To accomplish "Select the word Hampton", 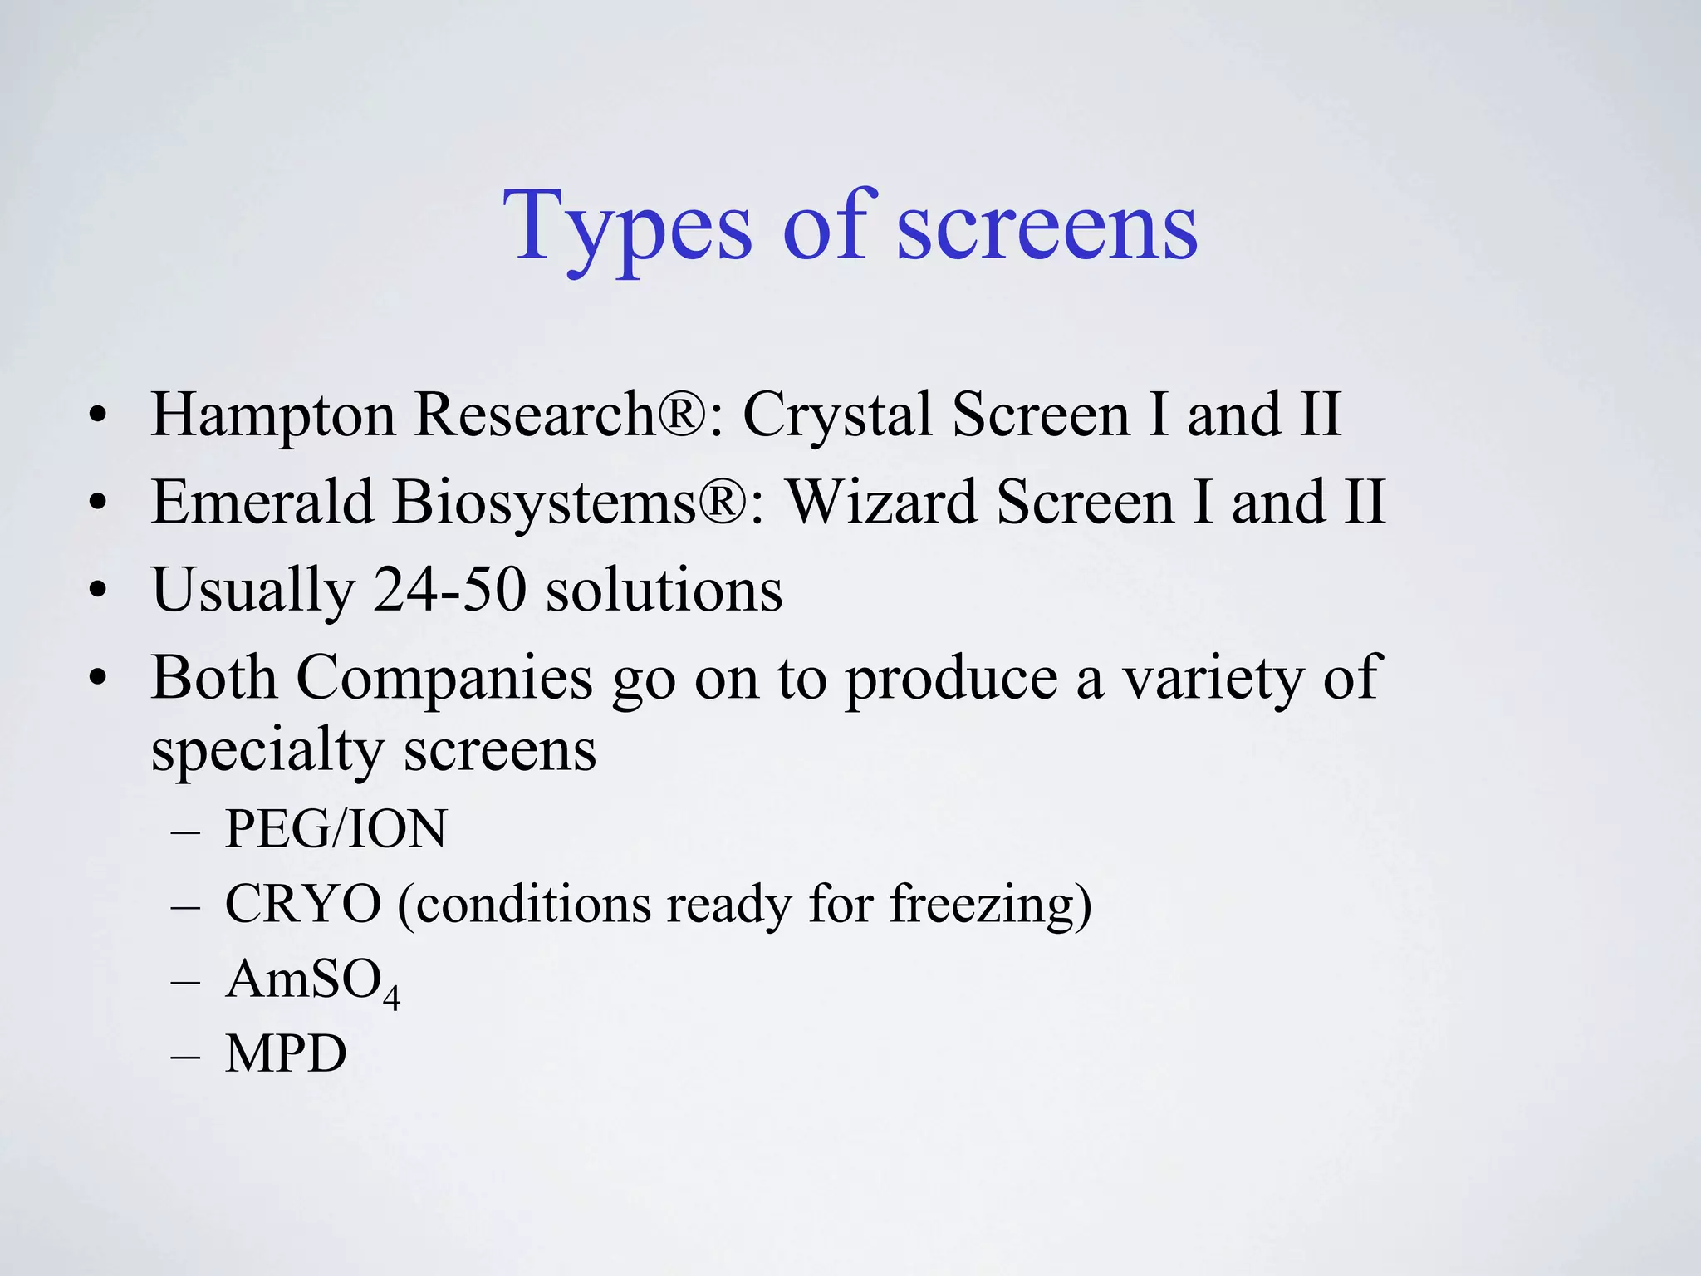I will click(272, 415).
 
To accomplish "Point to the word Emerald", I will click(262, 503).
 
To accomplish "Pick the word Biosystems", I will click(544, 503).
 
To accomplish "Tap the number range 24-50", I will click(449, 590).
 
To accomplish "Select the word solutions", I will click(664, 590).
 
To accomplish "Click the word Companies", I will click(444, 679).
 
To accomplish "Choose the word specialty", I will click(267, 750).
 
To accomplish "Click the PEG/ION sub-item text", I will click(336, 829).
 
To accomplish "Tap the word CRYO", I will click(303, 904).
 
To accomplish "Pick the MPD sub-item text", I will click(286, 1054).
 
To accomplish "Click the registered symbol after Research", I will click(682, 413).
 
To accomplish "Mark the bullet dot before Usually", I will click(98, 590).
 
